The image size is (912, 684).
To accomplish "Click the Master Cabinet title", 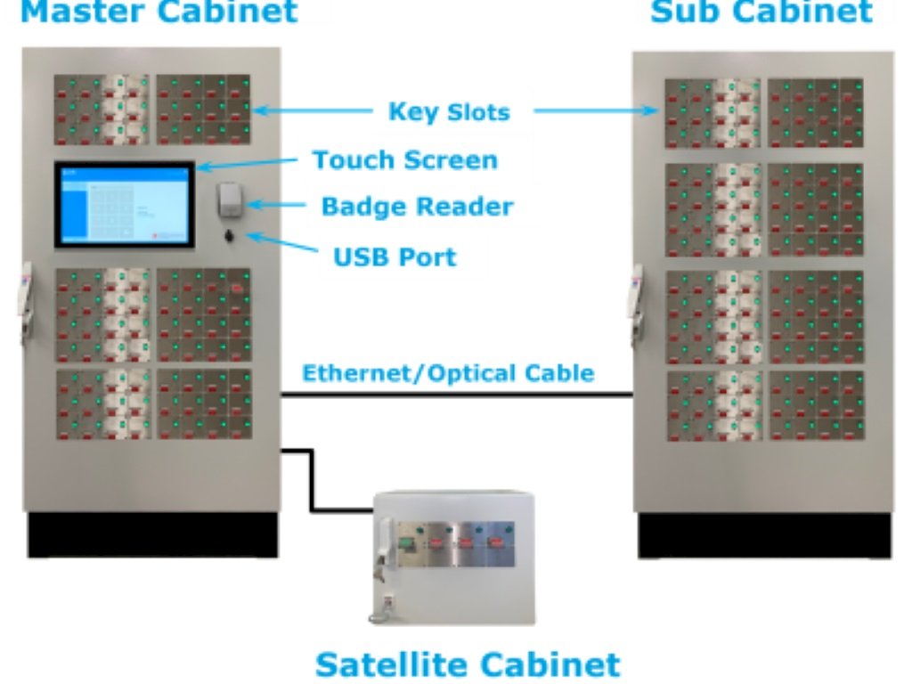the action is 159,12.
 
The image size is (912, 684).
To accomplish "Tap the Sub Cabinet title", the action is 761,12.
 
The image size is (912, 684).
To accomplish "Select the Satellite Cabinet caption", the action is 468,664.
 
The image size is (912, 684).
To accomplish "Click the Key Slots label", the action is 449,111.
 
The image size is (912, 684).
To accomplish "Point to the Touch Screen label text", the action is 405,160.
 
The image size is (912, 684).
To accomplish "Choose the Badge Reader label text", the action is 418,207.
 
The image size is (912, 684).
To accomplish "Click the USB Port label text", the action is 395,257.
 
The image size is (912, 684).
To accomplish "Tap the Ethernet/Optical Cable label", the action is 449,373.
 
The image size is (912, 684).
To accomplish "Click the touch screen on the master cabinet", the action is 125,205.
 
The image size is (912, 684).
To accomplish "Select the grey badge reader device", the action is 229,200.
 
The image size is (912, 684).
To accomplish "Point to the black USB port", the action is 229,235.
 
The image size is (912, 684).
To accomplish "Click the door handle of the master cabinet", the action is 26,303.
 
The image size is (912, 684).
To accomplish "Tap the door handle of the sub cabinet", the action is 636,304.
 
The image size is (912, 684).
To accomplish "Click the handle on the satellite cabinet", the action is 384,544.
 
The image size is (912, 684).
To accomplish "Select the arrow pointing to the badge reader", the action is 276,205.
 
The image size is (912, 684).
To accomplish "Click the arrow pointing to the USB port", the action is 282,242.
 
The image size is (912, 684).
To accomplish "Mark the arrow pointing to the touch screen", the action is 247,164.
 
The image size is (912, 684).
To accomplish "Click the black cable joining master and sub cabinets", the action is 457,395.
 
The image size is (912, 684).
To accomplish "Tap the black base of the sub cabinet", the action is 763,535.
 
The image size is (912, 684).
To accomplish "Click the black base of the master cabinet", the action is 152,534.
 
